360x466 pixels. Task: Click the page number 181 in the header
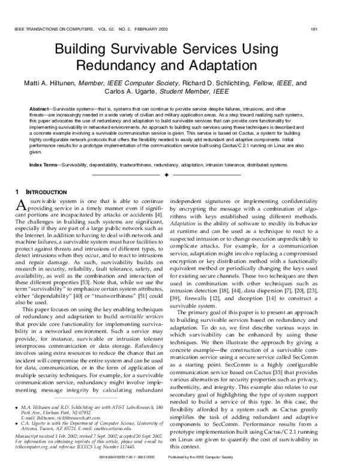point(347,28)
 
